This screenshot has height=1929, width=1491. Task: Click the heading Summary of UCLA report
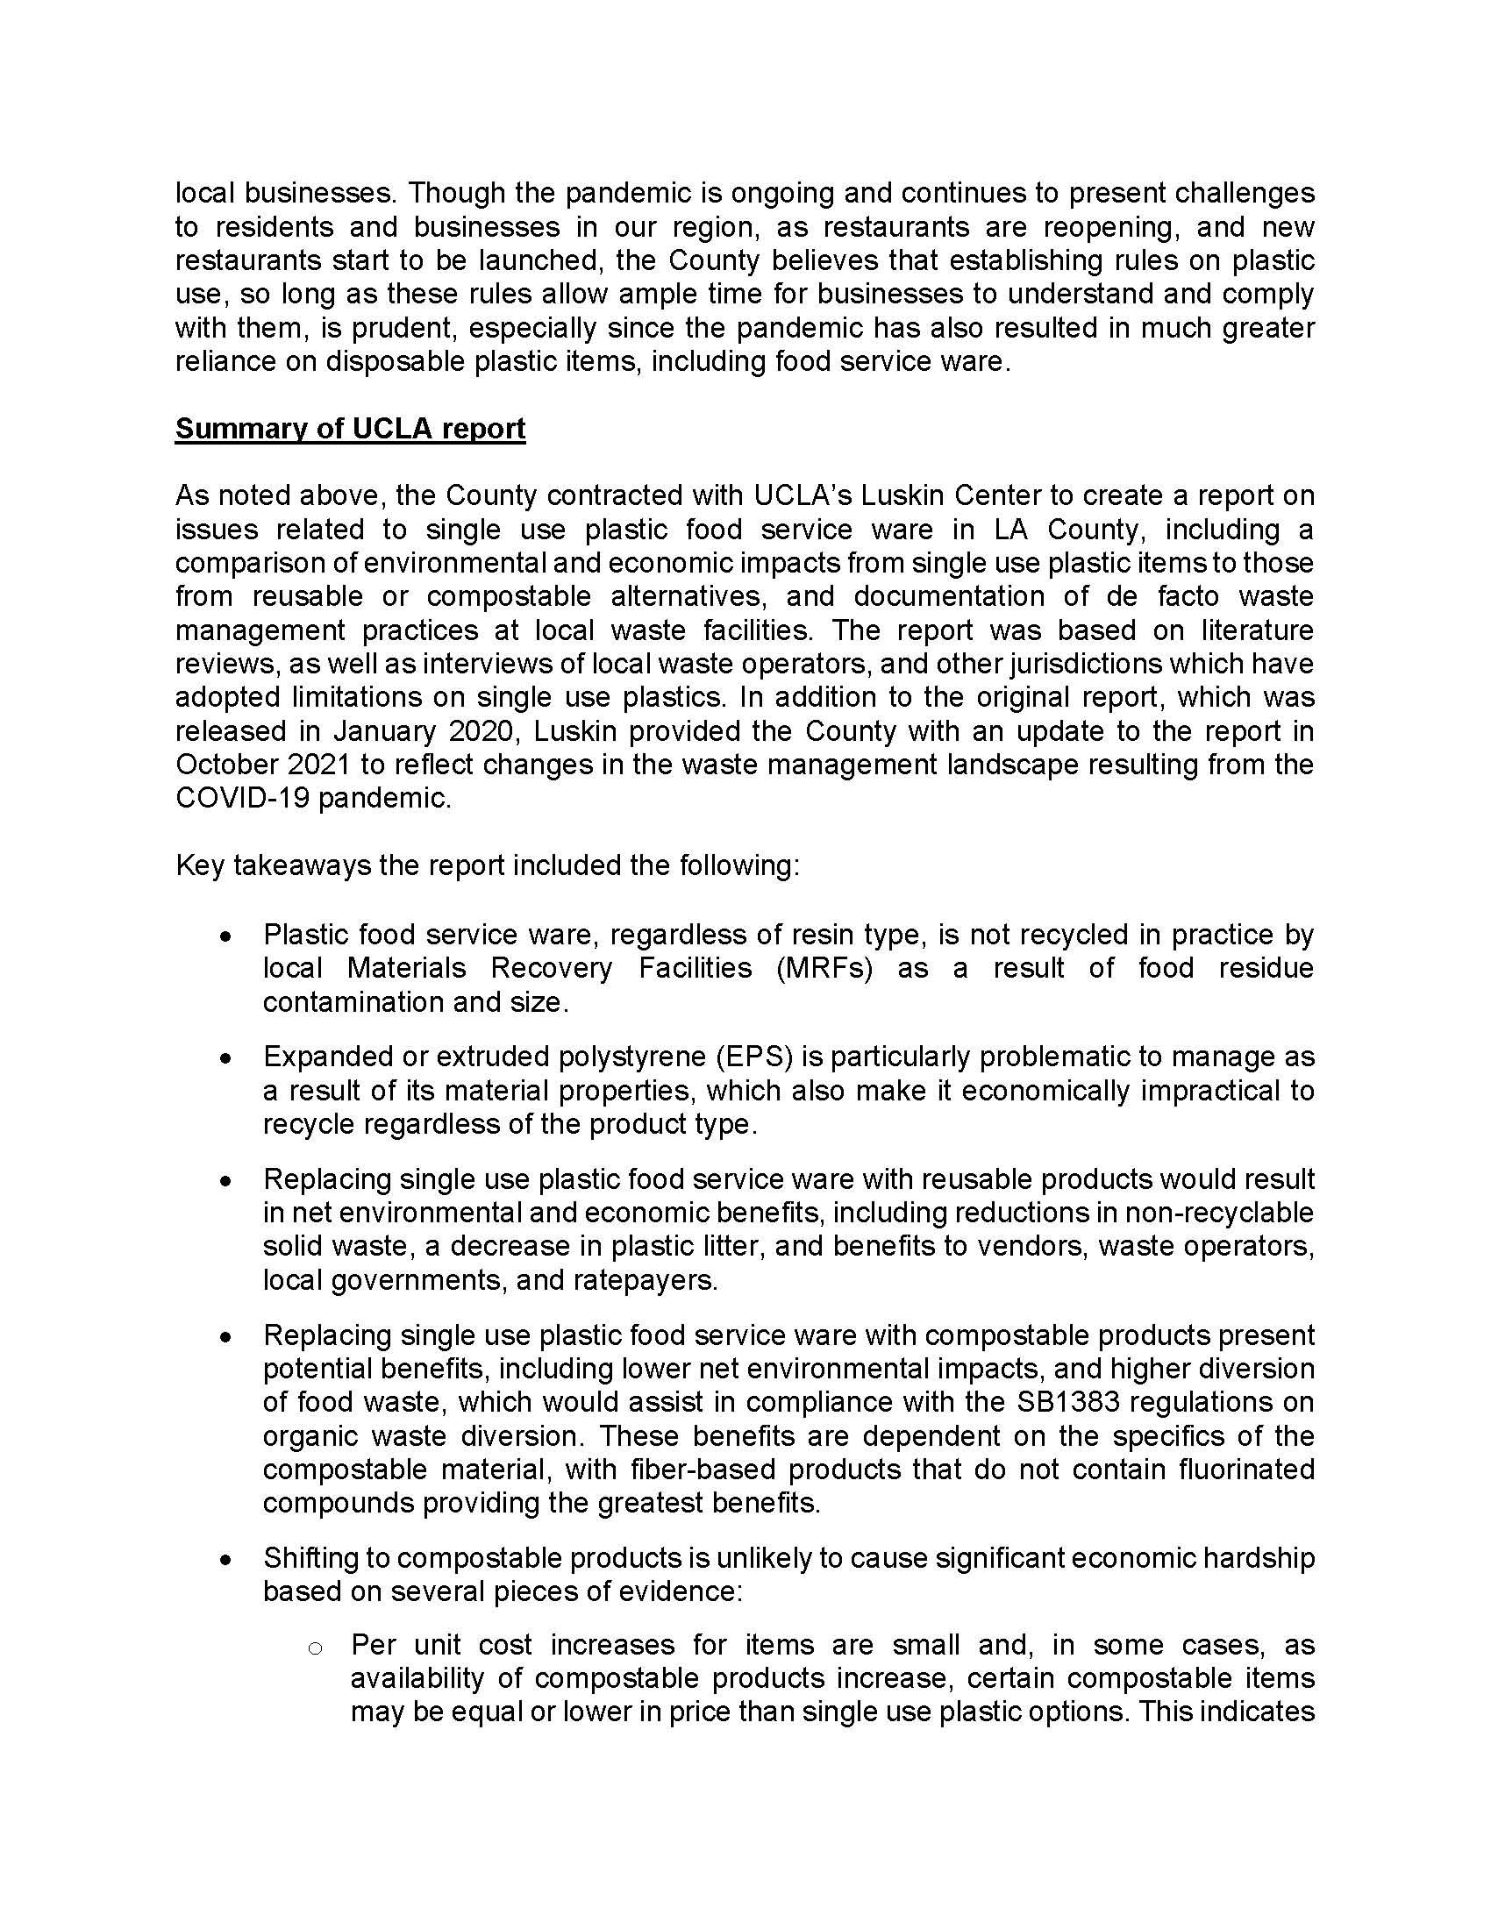[x=350, y=429]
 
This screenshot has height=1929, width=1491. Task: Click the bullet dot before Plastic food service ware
[x=227, y=936]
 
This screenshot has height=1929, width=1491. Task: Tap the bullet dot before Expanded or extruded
[x=227, y=1057]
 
